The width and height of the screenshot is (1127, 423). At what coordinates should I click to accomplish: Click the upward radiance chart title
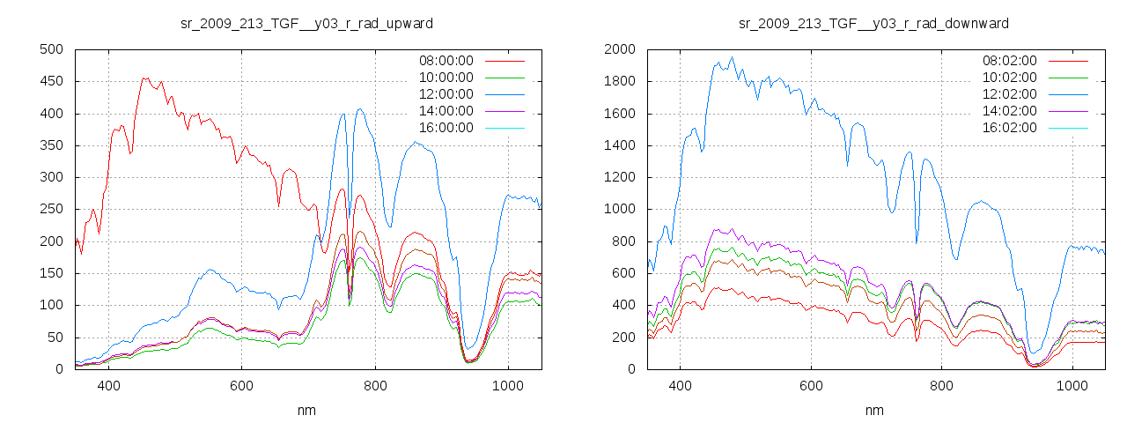(306, 23)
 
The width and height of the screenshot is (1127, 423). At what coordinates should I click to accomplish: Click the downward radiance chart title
(873, 23)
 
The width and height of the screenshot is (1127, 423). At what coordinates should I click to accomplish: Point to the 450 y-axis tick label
(51, 82)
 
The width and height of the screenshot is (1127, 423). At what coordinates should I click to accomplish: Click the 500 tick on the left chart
(51, 49)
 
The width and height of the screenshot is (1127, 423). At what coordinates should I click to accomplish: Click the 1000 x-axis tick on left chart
(507, 386)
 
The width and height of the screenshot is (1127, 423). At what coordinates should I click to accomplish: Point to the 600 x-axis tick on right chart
(811, 386)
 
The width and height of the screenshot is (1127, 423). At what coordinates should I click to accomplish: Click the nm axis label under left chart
(306, 410)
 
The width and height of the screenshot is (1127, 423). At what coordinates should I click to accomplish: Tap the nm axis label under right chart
(873, 410)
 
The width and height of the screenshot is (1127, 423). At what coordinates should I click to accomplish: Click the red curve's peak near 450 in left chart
(144, 78)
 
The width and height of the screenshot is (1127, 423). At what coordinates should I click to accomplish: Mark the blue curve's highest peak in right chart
(732, 58)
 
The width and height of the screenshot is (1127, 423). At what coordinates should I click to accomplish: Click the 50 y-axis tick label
(55, 338)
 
